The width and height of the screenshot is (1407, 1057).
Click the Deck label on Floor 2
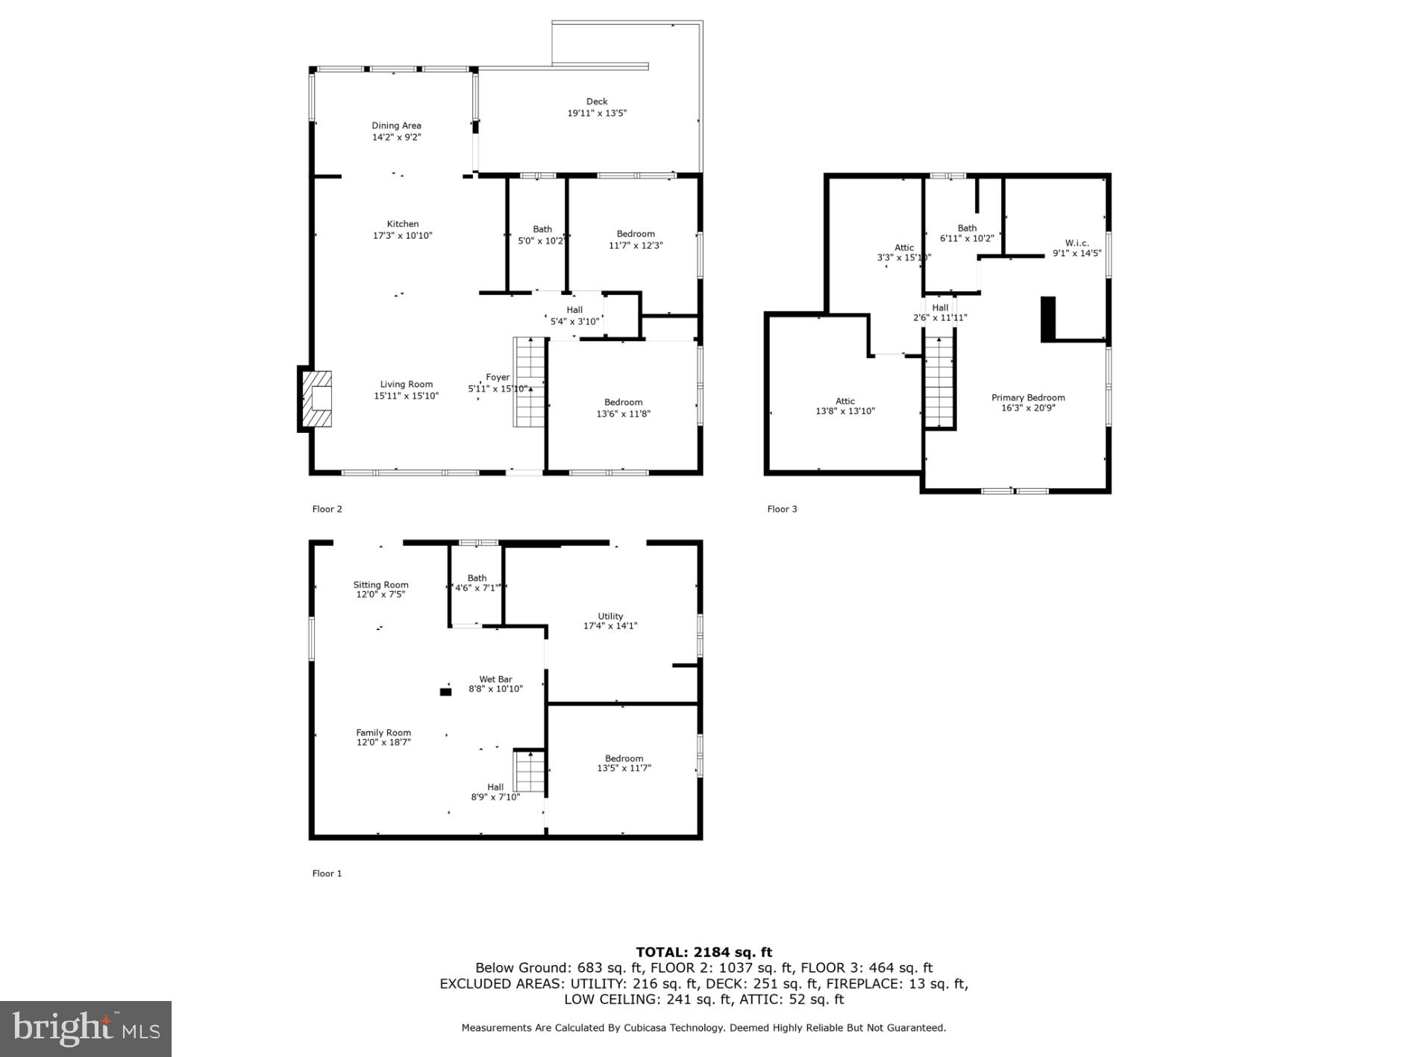tap(596, 102)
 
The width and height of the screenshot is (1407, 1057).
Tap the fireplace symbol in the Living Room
tap(316, 399)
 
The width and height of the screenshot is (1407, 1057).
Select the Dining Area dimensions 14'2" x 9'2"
tap(396, 137)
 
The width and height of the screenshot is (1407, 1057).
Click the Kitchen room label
tap(402, 224)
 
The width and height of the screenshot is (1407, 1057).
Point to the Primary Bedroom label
tap(1027, 398)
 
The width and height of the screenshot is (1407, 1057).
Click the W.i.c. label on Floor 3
tap(1077, 243)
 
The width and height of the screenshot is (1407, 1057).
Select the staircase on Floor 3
tap(939, 381)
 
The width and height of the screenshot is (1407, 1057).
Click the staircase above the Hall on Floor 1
tap(529, 771)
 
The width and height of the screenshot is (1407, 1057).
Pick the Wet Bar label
tap(495, 679)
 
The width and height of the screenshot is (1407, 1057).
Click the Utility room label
tap(610, 617)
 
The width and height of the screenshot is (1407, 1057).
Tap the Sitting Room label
tap(380, 585)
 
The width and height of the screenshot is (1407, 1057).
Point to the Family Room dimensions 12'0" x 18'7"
tap(383, 743)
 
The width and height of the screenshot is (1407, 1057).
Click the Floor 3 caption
tap(782, 509)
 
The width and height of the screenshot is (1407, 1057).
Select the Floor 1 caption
tap(327, 873)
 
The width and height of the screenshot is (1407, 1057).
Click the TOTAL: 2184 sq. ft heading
tap(703, 952)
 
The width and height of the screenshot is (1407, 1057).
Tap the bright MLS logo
tap(86, 1029)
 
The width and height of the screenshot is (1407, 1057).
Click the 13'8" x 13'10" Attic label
tap(844, 411)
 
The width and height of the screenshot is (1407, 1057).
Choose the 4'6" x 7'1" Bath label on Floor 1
tap(477, 588)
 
